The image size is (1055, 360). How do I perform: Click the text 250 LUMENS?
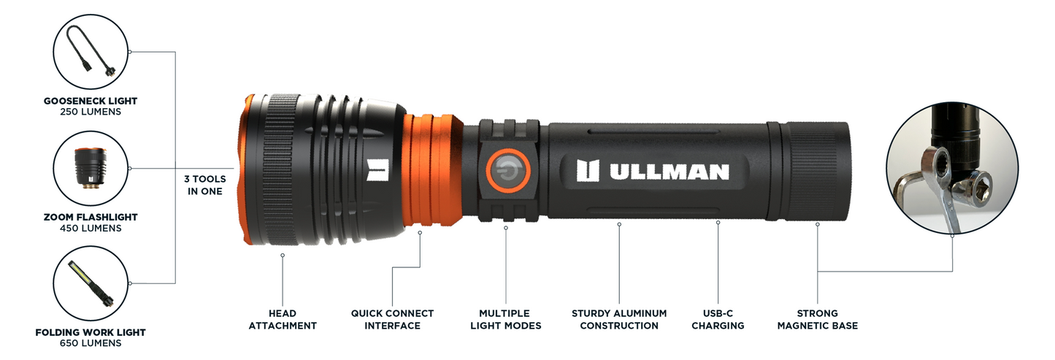tap(90, 112)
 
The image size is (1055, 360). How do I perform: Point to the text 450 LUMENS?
tap(90, 228)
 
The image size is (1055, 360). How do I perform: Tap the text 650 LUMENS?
tap(90, 343)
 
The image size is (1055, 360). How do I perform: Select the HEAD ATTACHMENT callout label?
tap(283, 320)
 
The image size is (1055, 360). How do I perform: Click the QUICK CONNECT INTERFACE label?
tap(392, 320)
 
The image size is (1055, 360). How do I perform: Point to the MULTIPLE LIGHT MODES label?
tap(505, 320)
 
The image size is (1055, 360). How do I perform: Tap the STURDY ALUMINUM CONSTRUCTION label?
tap(619, 320)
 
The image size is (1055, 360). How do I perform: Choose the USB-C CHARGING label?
tap(718, 320)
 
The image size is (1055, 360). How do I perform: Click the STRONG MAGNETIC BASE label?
tap(817, 320)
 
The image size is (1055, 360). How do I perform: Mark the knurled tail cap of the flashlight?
tap(814, 171)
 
